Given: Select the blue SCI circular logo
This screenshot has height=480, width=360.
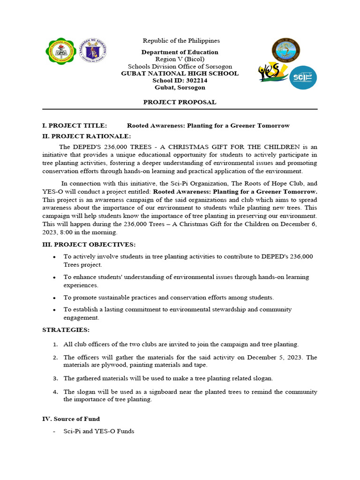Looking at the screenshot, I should tap(302, 77).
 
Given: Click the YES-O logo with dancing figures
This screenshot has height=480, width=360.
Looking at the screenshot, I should tap(272, 73).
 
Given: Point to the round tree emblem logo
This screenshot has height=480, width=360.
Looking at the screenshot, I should tap(286, 50).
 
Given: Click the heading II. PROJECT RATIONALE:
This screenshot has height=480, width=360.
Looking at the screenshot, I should tap(86, 136).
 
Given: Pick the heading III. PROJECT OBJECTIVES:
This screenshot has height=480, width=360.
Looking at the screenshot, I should tap(89, 245).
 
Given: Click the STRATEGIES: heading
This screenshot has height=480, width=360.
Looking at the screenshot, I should tap(66, 330).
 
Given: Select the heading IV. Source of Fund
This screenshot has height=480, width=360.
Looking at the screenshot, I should tap(71, 419).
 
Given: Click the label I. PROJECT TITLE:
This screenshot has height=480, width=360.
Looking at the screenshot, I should tap(75, 126).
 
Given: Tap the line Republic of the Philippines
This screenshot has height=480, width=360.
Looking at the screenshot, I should tap(181, 41).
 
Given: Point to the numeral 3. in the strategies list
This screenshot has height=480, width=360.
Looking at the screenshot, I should tap(55, 378).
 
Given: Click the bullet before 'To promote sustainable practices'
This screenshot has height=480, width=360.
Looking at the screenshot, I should tap(55, 298).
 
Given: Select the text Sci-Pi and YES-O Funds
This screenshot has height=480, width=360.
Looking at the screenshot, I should tap(98, 431).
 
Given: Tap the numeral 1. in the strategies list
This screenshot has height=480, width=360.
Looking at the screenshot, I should tap(55, 345).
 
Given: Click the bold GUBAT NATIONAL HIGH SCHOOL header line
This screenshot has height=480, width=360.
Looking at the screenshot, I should tap(180, 73).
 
